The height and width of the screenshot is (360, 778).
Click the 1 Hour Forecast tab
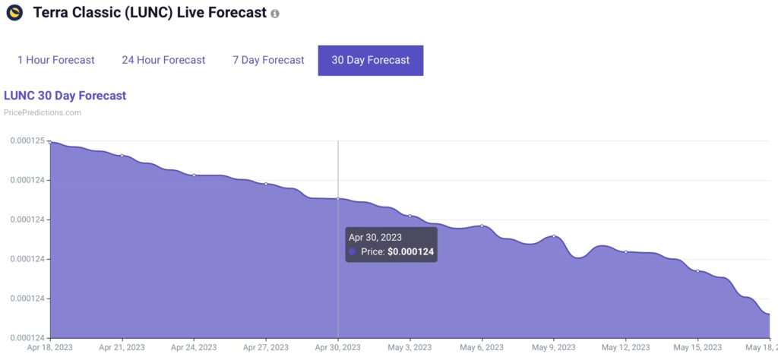(x=56, y=60)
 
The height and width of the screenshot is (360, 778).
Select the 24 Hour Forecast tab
(x=163, y=60)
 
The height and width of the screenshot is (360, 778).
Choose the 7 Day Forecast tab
(x=268, y=60)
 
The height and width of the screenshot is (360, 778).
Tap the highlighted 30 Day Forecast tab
(x=371, y=60)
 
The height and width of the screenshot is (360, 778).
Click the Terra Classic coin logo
(x=14, y=13)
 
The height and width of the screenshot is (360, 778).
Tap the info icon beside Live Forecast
(x=275, y=14)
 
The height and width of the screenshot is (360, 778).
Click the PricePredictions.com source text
(x=43, y=112)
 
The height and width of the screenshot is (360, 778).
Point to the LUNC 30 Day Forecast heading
(x=65, y=96)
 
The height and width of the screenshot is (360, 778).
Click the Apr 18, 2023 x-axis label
(x=49, y=348)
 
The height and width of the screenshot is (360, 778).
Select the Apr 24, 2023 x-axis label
(x=194, y=348)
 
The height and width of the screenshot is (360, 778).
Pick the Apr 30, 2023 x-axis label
(x=338, y=348)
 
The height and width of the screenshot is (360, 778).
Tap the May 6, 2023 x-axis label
(x=482, y=348)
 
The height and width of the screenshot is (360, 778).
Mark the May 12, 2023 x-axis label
(x=626, y=348)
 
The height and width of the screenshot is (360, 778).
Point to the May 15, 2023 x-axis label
(x=698, y=348)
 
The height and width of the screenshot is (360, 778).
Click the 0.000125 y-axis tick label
(x=27, y=141)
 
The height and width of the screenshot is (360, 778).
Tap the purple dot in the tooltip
(x=352, y=251)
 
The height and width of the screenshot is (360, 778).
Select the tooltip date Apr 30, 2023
(x=375, y=238)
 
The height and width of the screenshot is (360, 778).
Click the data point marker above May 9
(x=554, y=236)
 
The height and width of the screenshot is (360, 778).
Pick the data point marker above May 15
(x=698, y=271)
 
